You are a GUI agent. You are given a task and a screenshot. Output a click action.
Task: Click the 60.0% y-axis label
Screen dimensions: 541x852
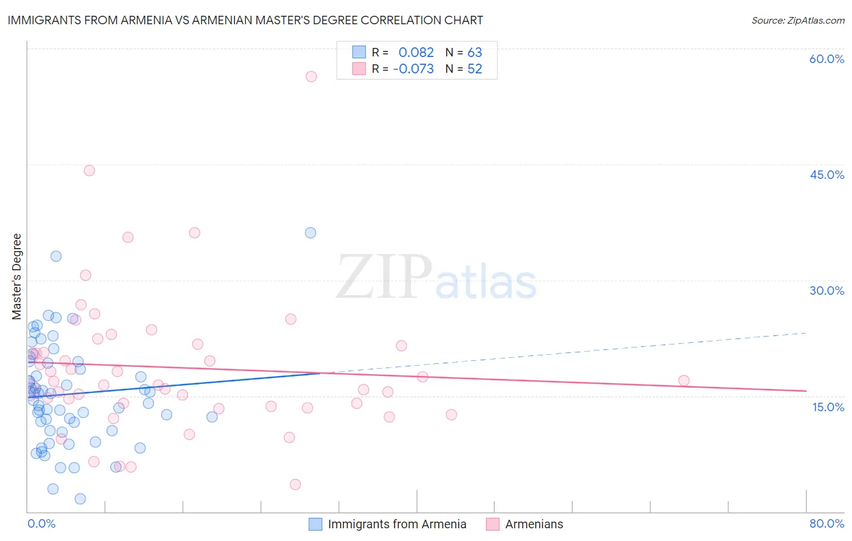(x=827, y=59)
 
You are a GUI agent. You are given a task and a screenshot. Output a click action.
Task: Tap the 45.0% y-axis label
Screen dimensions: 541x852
(x=827, y=175)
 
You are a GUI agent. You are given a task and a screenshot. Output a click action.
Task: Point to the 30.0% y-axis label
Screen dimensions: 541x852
(x=827, y=291)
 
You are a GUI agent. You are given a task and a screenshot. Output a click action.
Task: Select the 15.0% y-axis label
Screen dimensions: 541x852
(x=828, y=407)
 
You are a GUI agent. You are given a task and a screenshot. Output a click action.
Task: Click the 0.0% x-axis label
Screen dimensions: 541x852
(x=41, y=523)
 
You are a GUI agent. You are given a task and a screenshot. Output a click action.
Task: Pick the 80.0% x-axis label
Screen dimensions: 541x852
(x=827, y=523)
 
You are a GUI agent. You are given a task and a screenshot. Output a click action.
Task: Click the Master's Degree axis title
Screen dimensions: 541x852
(x=17, y=277)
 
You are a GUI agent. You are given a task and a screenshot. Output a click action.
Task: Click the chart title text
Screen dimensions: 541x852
(x=245, y=20)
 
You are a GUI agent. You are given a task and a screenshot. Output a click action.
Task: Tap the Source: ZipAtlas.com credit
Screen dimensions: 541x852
(x=797, y=21)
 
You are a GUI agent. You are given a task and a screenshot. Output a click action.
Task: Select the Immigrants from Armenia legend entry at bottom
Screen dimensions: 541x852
(x=397, y=524)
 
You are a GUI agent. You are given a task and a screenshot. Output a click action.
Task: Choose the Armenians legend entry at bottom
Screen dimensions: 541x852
(x=534, y=524)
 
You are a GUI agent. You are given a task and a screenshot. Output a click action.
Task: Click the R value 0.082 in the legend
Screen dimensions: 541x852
(x=416, y=53)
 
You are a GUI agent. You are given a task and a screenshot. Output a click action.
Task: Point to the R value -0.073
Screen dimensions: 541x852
(x=413, y=69)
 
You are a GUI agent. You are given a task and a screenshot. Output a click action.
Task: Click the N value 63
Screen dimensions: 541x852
(x=474, y=53)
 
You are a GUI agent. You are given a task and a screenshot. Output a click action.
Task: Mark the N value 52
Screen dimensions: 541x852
(x=474, y=69)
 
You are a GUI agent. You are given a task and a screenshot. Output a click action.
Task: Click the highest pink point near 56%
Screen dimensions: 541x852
(x=311, y=76)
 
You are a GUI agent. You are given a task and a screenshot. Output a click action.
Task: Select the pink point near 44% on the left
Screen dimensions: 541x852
(x=89, y=170)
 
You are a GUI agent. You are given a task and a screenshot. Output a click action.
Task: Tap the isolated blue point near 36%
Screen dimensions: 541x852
(x=310, y=233)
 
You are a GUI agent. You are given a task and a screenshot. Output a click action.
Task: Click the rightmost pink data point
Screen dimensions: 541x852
(x=684, y=381)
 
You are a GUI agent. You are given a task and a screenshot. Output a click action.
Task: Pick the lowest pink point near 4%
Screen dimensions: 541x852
(x=295, y=484)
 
